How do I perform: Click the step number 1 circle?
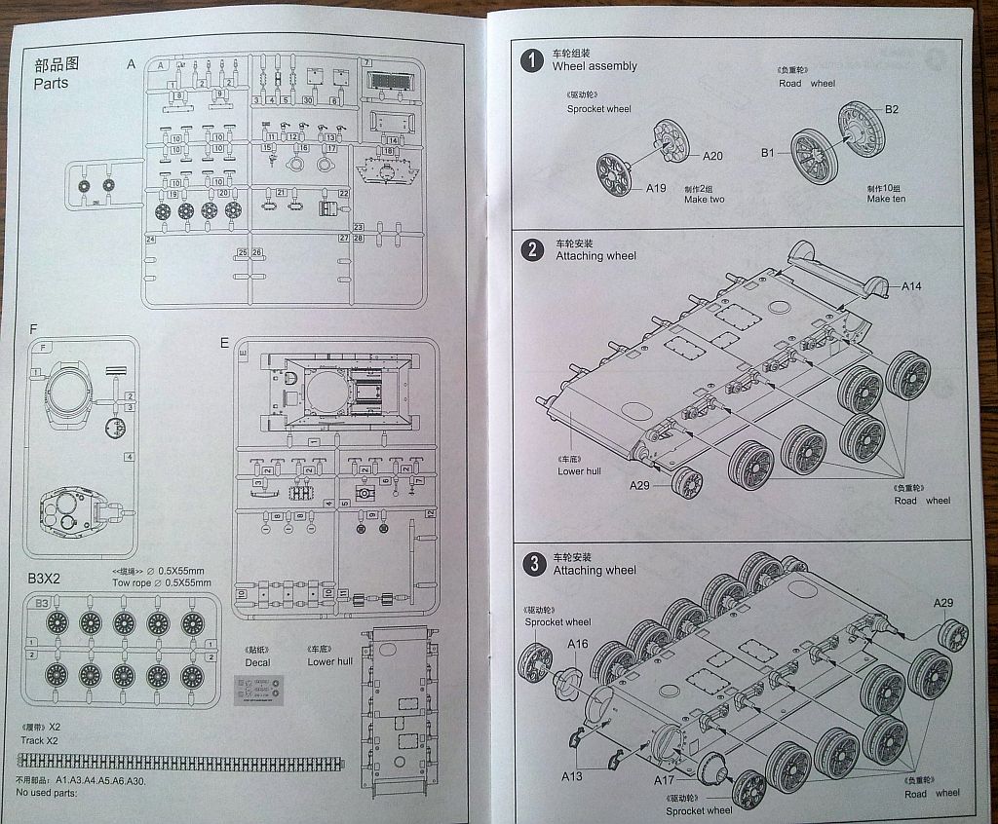532,60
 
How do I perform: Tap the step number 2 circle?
532,249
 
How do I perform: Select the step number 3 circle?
533,564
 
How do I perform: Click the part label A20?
712,156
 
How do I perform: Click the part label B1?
768,153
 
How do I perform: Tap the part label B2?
892,108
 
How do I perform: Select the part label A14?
911,286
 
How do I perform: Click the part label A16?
577,644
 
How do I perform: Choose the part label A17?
664,780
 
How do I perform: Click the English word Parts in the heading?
51,84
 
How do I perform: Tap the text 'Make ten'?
886,199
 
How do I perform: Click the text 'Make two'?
704,200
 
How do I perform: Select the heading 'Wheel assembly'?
595,66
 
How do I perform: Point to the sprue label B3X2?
44,579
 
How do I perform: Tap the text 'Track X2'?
40,740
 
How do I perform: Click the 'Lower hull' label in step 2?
579,471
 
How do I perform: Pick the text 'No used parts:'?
46,792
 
